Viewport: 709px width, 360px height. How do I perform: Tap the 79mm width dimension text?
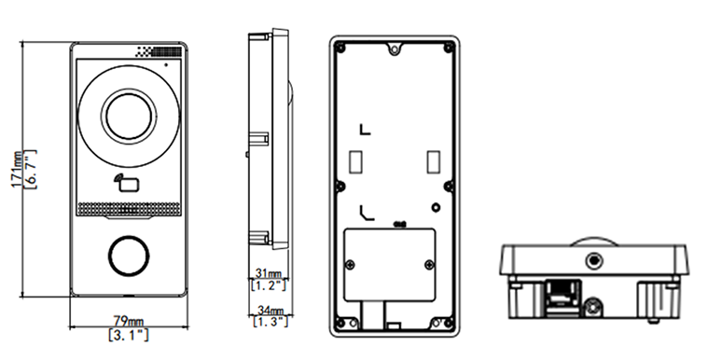128,322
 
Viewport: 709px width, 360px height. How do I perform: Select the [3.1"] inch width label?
129,335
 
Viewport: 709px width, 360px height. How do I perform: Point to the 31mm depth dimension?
269,273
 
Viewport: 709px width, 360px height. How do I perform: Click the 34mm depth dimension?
271,311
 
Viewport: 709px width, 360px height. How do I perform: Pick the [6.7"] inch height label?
31,169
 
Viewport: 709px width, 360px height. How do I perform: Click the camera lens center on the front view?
129,117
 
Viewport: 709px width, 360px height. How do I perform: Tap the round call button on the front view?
129,256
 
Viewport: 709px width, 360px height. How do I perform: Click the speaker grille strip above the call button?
129,209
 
